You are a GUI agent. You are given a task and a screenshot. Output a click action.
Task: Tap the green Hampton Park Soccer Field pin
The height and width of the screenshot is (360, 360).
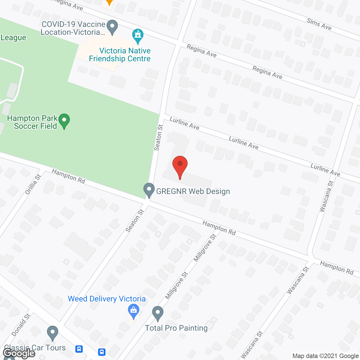pos(64,121)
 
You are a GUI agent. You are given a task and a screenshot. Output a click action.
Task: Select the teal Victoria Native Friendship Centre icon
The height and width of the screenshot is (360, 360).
pos(138,36)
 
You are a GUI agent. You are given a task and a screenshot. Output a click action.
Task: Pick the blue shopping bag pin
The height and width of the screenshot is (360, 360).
pos(133,311)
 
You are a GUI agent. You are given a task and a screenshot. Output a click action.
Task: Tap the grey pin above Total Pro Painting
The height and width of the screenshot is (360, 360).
pos(158,313)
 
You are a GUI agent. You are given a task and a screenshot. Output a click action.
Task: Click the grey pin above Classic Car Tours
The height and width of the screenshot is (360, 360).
pos(53,332)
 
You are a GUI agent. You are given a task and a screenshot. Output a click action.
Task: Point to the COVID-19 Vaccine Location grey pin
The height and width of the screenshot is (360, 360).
pos(112,27)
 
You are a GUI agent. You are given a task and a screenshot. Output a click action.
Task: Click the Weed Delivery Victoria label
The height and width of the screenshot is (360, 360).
pos(107,299)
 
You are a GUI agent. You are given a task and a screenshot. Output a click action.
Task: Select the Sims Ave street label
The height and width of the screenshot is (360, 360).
pos(319,24)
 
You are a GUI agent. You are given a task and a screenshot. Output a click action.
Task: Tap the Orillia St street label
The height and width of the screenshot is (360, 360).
pos(33,184)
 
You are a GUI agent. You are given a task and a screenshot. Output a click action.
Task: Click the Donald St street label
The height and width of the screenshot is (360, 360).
pos(21,325)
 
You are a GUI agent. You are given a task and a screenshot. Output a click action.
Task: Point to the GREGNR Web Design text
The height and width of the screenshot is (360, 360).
pos(193,191)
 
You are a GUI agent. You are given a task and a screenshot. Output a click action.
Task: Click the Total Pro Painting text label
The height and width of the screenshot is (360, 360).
pos(176,328)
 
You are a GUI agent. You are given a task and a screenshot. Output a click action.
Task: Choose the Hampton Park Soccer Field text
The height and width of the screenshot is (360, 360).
pos(32,122)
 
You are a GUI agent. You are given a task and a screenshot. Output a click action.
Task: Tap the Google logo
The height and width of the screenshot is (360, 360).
pos(19,353)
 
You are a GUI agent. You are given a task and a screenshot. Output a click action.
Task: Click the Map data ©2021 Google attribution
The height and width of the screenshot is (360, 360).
pos(325,356)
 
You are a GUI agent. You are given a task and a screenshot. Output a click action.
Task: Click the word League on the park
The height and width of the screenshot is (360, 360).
pos(13,37)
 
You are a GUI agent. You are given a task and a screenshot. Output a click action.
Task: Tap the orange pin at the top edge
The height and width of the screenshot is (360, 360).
pos(109,2)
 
